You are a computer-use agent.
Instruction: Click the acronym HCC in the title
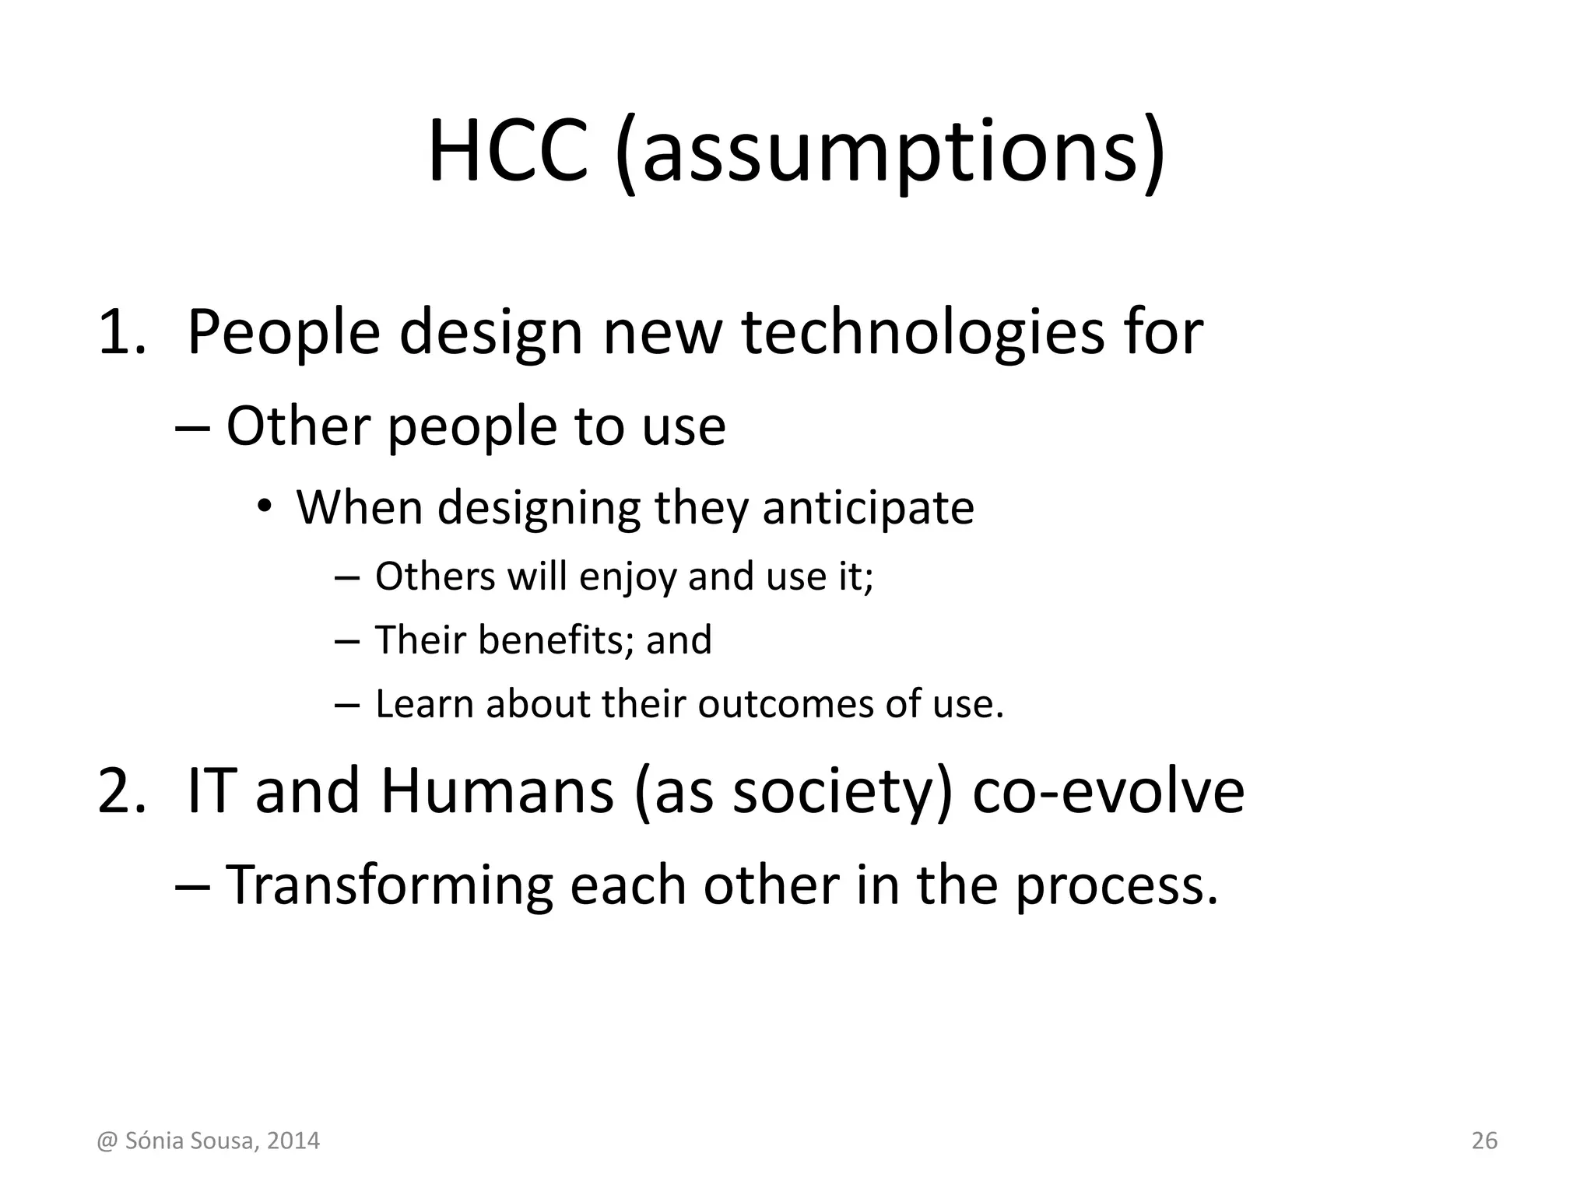(507, 152)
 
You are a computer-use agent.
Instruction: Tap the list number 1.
(121, 332)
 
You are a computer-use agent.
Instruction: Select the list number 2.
(121, 790)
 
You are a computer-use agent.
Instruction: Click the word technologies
(925, 332)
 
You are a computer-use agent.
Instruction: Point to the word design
(491, 332)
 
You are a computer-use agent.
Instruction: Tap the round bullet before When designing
(265, 506)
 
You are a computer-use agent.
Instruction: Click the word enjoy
(628, 577)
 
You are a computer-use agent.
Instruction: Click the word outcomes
(784, 704)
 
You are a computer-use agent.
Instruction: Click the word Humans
(497, 790)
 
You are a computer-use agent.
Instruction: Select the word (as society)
(794, 792)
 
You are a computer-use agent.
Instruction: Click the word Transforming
(388, 885)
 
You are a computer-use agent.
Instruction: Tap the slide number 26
(1484, 1141)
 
